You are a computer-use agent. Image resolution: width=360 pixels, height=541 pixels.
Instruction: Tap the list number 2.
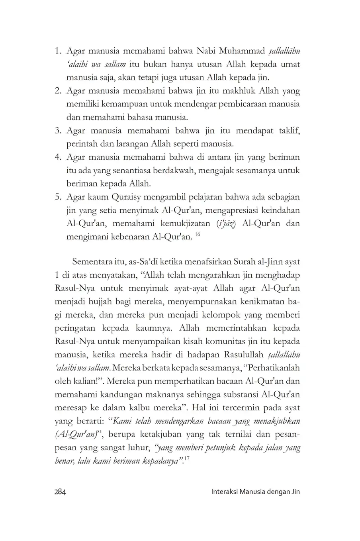pos(57,91)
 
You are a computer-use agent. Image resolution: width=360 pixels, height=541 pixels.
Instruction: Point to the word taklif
pos(289,130)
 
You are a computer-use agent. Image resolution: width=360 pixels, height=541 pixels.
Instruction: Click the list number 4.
pos(57,157)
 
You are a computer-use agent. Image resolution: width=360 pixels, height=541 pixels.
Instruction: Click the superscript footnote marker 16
pos(197,235)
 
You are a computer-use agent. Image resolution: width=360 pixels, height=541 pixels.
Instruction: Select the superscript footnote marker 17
pos(189,459)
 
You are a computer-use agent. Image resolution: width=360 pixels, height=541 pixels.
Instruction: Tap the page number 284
pos(60,492)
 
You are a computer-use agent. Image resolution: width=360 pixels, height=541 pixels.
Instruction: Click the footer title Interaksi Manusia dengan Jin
pos(255,492)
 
